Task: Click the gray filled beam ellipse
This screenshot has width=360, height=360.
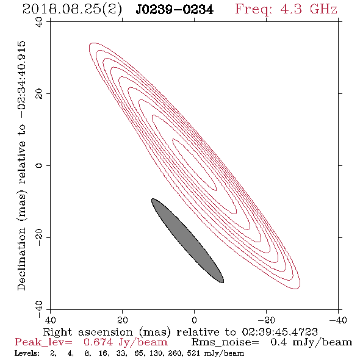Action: coord(187,240)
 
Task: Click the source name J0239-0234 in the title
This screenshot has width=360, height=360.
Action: coord(175,10)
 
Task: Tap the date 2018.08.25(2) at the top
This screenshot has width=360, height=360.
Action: coord(72,10)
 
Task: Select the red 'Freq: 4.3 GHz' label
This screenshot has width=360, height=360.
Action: coord(286,9)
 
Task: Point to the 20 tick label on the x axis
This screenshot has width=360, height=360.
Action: coord(122,320)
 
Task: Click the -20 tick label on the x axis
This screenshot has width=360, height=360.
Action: coord(266,320)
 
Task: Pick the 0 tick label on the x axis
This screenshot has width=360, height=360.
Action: coord(195,320)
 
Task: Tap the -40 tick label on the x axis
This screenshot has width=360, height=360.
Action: coord(338,320)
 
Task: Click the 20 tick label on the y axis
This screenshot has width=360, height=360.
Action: coord(39,94)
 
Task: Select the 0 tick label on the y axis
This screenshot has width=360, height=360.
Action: coord(39,165)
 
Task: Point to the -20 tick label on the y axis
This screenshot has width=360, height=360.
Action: coord(39,237)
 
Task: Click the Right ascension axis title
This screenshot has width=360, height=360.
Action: coord(181,332)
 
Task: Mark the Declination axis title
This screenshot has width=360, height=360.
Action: coord(21,166)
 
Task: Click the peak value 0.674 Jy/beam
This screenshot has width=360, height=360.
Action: coord(125,342)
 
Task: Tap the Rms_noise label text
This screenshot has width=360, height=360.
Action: coord(225,342)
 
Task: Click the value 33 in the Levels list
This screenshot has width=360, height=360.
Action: coord(122,353)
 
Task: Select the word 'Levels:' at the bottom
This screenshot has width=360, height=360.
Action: coord(27,353)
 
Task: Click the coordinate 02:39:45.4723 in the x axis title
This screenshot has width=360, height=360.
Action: coord(279,332)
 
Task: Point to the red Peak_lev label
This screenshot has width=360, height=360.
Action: coord(43,342)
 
